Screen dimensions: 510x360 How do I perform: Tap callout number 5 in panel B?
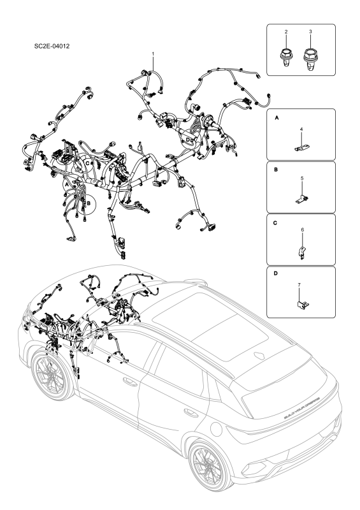click(302, 179)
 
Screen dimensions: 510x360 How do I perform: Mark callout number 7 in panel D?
click(302, 284)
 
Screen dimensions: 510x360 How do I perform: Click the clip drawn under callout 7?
click(301, 302)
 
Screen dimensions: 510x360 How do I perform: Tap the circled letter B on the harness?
click(89, 202)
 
